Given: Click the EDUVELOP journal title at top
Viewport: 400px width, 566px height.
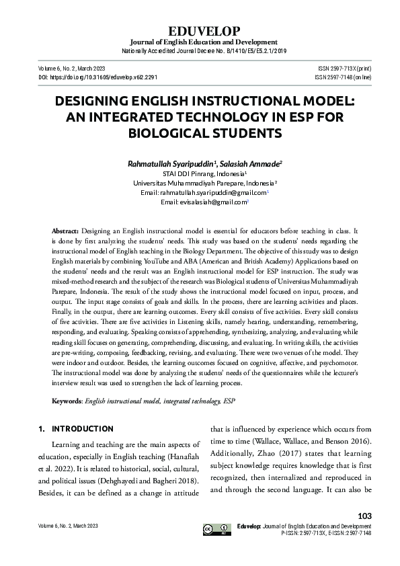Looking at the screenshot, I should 200,31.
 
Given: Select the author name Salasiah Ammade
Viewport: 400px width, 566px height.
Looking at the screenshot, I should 251,163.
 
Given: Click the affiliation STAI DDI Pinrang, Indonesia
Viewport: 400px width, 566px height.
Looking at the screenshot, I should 199,173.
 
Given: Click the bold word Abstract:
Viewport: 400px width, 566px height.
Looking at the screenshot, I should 65,230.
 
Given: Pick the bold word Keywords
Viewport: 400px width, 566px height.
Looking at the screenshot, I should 67,401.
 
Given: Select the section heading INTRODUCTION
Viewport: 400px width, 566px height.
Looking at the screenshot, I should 83,429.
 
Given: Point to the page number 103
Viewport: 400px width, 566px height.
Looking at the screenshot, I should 366,516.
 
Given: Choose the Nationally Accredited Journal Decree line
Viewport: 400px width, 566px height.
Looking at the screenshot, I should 200,51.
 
